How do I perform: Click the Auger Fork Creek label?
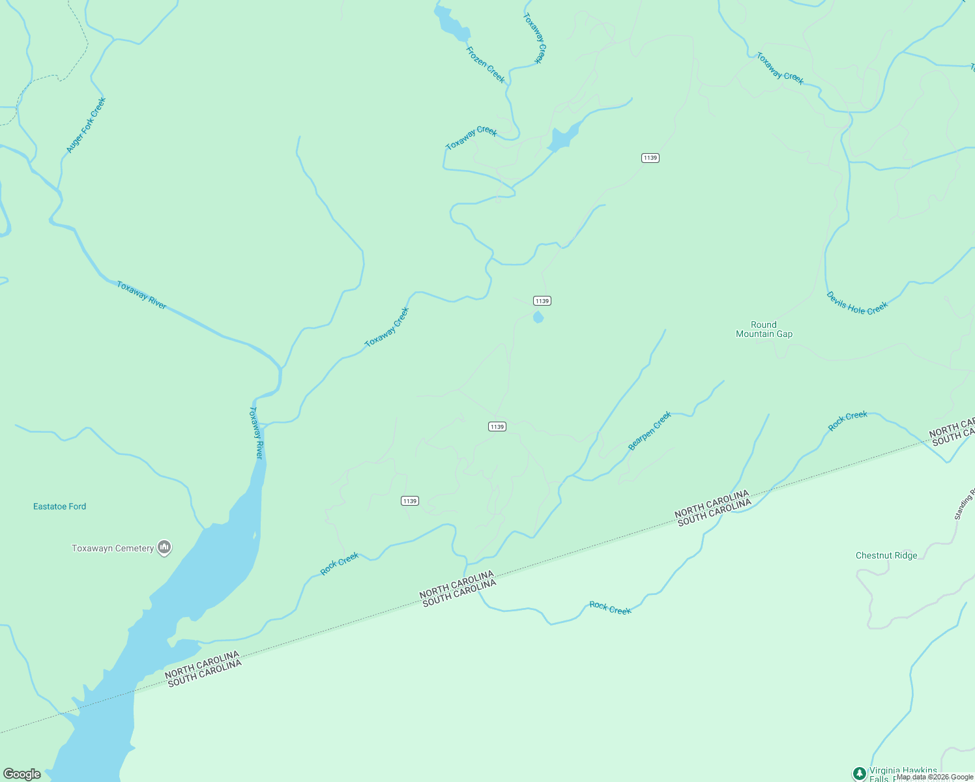pyautogui.click(x=85, y=126)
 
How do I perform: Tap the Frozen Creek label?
pyautogui.click(x=486, y=65)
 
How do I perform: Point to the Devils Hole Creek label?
pyautogui.click(x=857, y=303)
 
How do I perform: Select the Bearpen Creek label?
pyautogui.click(x=649, y=431)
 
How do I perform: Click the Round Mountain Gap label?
pyautogui.click(x=764, y=329)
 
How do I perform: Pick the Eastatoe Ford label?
pyautogui.click(x=59, y=506)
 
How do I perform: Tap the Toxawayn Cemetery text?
pyautogui.click(x=113, y=548)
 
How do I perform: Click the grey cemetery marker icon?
pyautogui.click(x=164, y=547)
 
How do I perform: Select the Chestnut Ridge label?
pyautogui.click(x=886, y=555)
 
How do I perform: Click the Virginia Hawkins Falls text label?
pyautogui.click(x=903, y=773)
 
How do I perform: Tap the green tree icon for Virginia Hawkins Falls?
pyautogui.click(x=860, y=774)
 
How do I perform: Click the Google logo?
pyautogui.click(x=22, y=774)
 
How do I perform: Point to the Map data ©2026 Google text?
pyautogui.click(x=935, y=777)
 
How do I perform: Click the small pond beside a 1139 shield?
pyautogui.click(x=538, y=317)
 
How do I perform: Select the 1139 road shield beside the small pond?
pyautogui.click(x=542, y=300)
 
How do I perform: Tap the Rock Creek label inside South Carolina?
pyautogui.click(x=610, y=608)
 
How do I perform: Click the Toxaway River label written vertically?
pyautogui.click(x=257, y=433)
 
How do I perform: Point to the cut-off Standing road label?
pyautogui.click(x=964, y=504)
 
